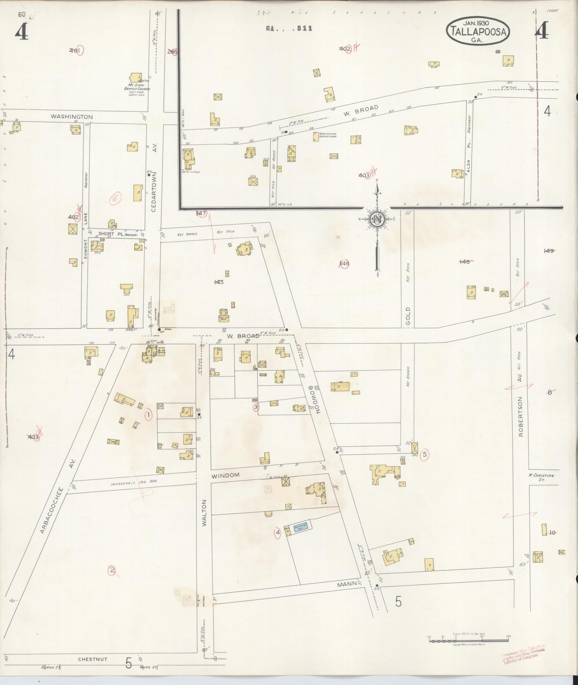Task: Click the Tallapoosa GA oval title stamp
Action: pyautogui.click(x=478, y=32)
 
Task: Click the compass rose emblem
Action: pyautogui.click(x=377, y=218)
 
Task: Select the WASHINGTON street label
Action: pyautogui.click(x=72, y=117)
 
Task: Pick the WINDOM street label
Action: pyautogui.click(x=225, y=476)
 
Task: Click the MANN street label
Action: pyautogui.click(x=347, y=584)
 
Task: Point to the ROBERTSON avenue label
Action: pyautogui.click(x=521, y=416)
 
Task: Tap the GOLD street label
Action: pyautogui.click(x=408, y=315)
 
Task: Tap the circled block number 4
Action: pyautogui.click(x=277, y=533)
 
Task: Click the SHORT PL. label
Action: pyautogui.click(x=106, y=234)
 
